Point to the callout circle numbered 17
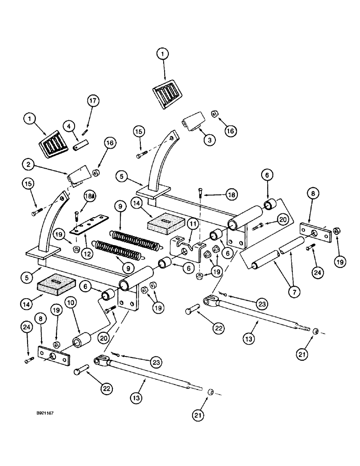tap(92, 100)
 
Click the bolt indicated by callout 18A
tap(76, 217)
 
